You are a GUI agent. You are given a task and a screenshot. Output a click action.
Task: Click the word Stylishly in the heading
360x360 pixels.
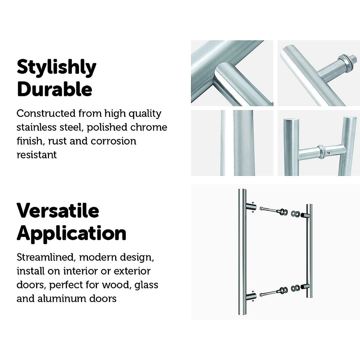point(56,68)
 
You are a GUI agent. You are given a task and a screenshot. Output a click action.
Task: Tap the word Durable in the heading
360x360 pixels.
point(55,89)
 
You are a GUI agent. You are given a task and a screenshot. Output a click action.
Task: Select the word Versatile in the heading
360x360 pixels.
point(58,210)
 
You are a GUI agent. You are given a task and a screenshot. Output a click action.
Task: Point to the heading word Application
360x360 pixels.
point(71,233)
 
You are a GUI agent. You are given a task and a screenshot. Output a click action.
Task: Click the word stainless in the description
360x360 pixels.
point(37,127)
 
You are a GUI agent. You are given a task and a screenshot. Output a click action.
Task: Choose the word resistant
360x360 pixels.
point(37,155)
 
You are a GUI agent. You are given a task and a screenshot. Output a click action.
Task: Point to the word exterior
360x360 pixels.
point(132,271)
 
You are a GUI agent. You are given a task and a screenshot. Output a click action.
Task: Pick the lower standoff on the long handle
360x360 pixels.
point(251,296)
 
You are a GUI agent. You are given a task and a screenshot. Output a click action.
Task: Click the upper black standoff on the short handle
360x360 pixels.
point(305,215)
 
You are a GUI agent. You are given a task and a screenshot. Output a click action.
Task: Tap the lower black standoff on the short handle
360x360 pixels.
point(305,287)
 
